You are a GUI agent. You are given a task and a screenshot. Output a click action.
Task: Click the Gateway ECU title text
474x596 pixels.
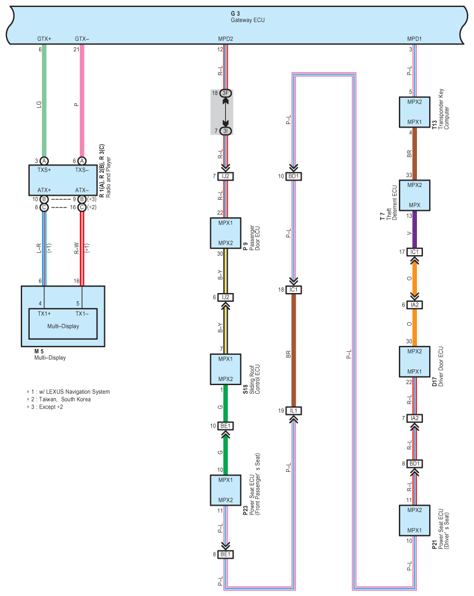click(x=247, y=20)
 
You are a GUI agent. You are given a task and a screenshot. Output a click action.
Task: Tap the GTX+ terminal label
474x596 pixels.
click(x=44, y=39)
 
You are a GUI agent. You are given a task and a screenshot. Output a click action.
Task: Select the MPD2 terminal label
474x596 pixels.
click(x=225, y=39)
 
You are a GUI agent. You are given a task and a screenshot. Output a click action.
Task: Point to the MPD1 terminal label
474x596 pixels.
click(x=415, y=39)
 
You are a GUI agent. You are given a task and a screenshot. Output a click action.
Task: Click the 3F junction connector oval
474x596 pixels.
click(x=225, y=93)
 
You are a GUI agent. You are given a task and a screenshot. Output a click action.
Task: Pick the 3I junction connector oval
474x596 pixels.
click(x=225, y=131)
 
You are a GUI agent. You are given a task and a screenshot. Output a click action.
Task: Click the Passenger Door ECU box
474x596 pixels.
click(x=225, y=233)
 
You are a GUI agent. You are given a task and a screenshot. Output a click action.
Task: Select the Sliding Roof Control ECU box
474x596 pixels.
click(x=225, y=369)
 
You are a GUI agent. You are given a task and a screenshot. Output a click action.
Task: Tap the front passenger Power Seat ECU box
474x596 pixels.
click(x=225, y=490)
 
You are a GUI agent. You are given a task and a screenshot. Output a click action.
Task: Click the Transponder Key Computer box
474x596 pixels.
click(x=415, y=112)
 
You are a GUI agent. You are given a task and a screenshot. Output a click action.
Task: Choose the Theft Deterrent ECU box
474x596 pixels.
click(x=415, y=195)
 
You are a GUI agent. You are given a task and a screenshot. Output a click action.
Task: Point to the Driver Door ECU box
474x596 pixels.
click(x=415, y=361)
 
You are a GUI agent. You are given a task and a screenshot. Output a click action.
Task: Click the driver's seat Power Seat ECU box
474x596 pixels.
click(x=415, y=520)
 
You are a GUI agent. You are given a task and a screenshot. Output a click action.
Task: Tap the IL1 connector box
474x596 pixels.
click(x=293, y=411)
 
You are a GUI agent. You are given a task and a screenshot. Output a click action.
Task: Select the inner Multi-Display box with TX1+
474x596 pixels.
click(x=63, y=323)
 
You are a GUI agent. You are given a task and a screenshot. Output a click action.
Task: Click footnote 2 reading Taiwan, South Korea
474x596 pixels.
click(x=58, y=400)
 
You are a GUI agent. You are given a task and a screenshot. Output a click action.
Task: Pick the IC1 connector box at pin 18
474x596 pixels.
click(x=293, y=290)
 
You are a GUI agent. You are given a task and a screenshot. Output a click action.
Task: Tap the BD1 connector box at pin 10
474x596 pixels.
click(x=293, y=177)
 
